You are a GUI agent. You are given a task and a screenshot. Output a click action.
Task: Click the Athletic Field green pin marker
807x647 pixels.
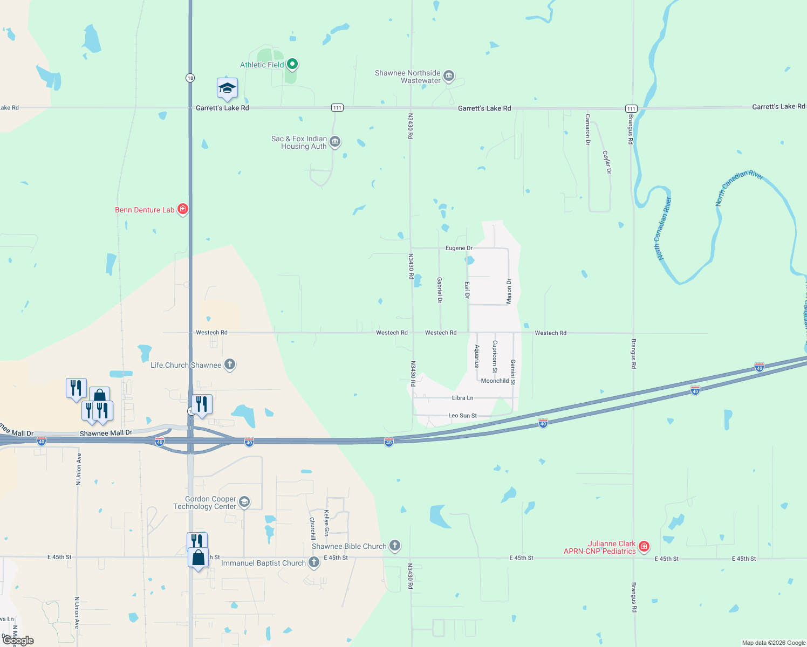tap(292, 65)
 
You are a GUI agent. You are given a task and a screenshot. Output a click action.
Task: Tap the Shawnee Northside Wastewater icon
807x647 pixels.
tap(448, 77)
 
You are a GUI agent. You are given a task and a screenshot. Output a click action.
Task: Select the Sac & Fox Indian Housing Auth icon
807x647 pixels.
tap(335, 142)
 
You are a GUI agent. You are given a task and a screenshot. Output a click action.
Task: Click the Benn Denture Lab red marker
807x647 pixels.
tap(183, 209)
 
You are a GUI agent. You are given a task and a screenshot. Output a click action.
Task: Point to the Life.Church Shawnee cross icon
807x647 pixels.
tap(230, 364)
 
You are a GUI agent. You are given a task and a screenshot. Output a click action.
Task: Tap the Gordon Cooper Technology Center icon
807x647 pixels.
tap(244, 503)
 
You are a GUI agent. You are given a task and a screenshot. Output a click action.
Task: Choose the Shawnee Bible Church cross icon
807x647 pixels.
tap(395, 546)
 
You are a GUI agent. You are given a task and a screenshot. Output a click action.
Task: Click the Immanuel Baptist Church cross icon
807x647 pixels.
tap(313, 562)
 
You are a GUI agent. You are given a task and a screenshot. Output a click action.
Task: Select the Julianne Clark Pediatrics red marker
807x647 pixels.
tap(644, 547)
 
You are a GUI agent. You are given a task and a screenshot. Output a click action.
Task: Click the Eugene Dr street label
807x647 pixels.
tap(459, 248)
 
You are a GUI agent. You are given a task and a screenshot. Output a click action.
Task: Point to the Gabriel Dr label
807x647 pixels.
tap(440, 290)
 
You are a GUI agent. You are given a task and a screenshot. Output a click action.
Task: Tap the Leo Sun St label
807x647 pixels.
tap(463, 416)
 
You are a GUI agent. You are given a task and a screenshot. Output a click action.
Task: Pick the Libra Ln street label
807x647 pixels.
tap(462, 398)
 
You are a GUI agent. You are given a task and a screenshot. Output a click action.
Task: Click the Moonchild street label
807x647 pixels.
tap(495, 381)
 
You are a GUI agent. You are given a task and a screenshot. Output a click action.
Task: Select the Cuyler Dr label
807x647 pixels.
tap(607, 162)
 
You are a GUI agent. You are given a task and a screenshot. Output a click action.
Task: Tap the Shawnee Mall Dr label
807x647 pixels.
tap(106, 433)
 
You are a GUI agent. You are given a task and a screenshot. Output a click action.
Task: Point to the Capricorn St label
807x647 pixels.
tap(495, 356)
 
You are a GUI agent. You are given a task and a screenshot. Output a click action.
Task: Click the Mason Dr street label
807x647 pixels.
tap(509, 291)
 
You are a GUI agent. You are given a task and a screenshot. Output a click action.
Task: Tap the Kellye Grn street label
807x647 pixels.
tap(326, 523)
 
